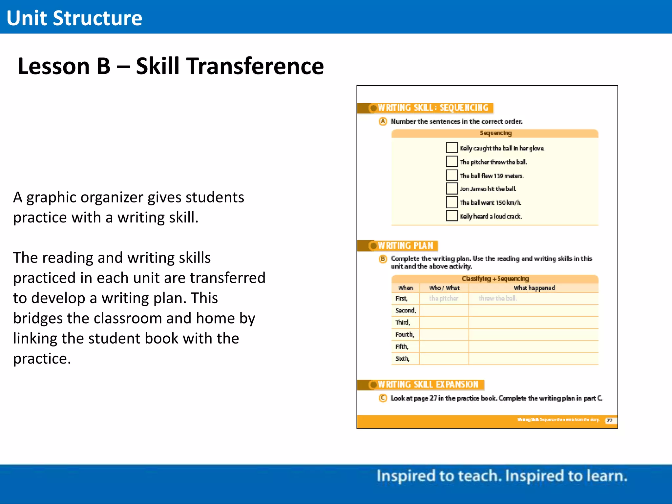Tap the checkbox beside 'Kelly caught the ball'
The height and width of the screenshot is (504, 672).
coord(451,148)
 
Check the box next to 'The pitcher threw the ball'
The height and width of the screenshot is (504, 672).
coord(451,161)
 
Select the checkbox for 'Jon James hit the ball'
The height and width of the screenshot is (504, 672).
coord(451,189)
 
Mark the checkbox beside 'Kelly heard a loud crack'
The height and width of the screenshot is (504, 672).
coord(451,216)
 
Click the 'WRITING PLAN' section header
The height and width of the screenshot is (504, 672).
coord(405,245)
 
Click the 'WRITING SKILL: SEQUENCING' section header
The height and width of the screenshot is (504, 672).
coord(432,108)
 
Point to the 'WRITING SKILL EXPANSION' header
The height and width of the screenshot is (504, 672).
coord(428,384)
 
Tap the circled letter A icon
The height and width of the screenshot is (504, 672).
coord(383,121)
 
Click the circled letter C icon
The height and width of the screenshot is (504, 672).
coord(383,398)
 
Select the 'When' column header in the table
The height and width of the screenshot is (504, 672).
coord(406,288)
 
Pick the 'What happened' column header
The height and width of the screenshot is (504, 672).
coord(534,288)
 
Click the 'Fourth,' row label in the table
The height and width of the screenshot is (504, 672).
coord(405,334)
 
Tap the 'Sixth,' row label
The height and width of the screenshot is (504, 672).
coord(402,359)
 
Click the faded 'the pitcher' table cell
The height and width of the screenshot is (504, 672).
coord(443,298)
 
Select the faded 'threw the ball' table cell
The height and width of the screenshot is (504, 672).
coord(497,298)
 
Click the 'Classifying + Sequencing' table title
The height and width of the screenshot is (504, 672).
coord(495,279)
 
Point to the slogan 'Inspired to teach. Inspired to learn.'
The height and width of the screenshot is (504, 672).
coord(502,476)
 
